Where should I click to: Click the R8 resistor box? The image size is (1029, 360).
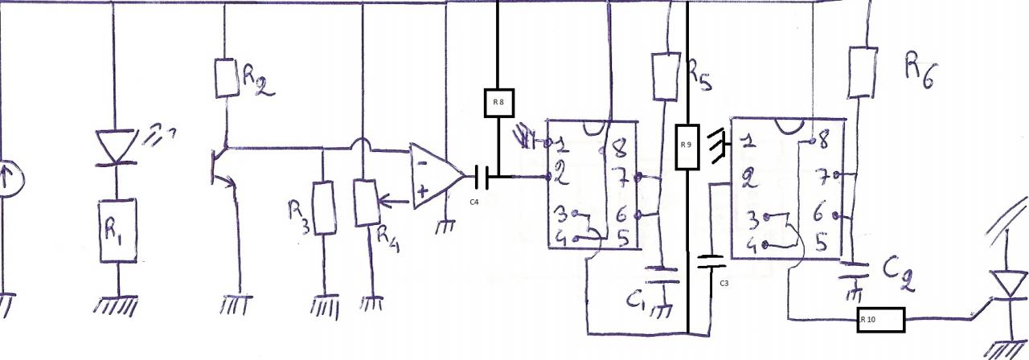pyautogui.click(x=498, y=102)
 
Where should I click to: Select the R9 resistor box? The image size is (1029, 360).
pyautogui.click(x=685, y=145)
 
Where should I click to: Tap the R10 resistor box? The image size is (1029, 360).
pyautogui.click(x=880, y=320)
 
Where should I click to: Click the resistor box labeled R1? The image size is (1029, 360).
pyautogui.click(x=117, y=231)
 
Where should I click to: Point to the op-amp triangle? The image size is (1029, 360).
pyautogui.click(x=435, y=175)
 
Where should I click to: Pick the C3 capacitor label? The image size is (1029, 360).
pyautogui.click(x=724, y=283)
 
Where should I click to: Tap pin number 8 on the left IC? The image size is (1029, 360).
pyautogui.click(x=617, y=148)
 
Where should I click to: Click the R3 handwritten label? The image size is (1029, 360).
pyautogui.click(x=298, y=217)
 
